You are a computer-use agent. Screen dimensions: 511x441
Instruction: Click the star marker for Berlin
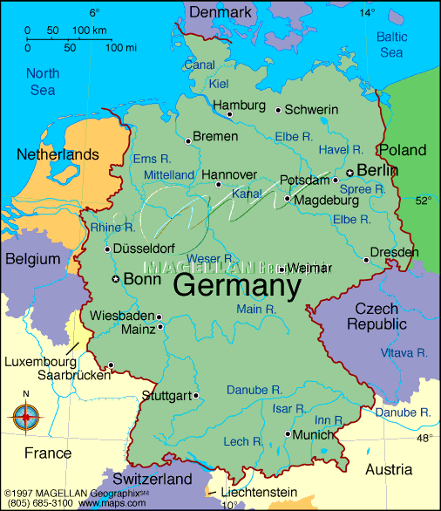tap(349, 173)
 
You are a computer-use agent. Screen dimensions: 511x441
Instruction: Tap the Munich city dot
tap(288, 433)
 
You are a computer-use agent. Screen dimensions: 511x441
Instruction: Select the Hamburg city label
tap(239, 106)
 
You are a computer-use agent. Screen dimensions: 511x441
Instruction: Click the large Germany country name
tap(237, 286)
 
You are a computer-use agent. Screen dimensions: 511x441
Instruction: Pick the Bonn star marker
tap(115, 280)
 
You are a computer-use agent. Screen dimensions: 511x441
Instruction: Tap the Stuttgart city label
tap(165, 396)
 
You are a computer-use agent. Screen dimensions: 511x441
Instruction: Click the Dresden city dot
tap(366, 259)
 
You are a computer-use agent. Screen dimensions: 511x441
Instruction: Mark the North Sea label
tap(42, 82)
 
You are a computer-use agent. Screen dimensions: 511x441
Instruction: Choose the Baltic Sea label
tap(391, 44)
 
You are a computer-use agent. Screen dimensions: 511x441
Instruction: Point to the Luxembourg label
tap(39, 361)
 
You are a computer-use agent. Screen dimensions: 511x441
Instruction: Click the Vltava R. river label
tap(404, 353)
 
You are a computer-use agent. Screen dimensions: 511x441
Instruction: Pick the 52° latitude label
tap(423, 201)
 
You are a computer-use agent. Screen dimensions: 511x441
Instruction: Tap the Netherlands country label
tap(58, 154)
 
